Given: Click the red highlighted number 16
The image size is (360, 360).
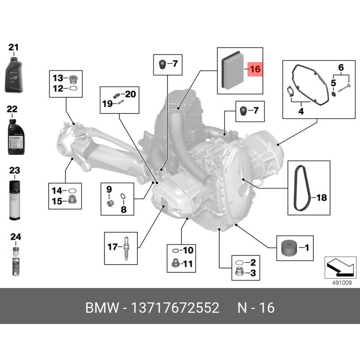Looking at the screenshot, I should pos(255,70).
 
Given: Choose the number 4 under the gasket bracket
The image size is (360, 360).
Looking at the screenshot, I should pos(301,110).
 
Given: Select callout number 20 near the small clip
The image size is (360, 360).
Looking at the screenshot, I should pos(130,94).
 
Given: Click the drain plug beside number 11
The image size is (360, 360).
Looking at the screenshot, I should pos(175,263).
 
